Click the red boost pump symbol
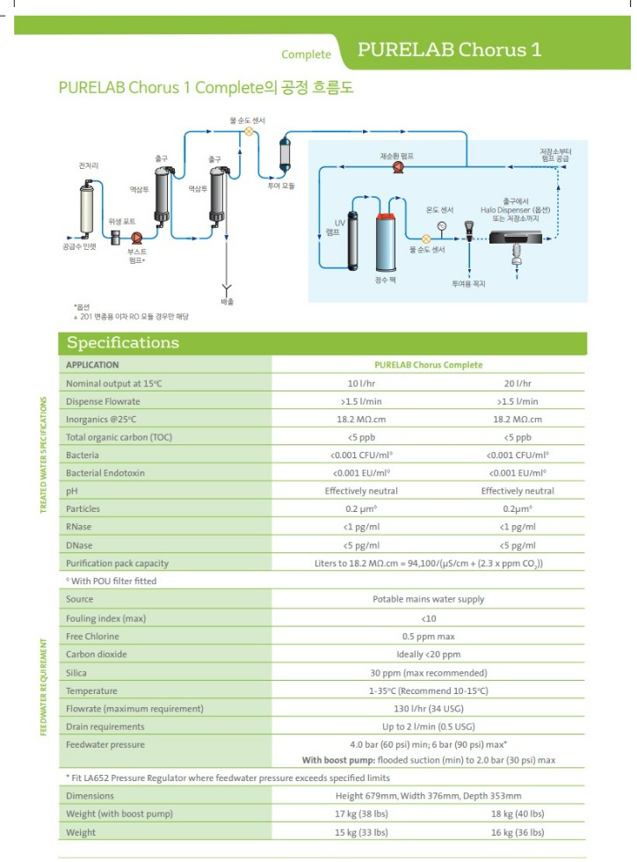[137, 237]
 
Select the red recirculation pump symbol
[396, 164]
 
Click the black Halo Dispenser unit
[515, 236]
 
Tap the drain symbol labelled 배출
[227, 288]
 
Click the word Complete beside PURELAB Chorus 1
[306, 55]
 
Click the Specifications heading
[123, 343]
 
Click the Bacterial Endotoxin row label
[105, 473]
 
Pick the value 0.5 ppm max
[428, 636]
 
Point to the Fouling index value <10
[428, 618]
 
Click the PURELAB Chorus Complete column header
[428, 364]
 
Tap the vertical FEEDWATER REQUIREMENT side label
[44, 686]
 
